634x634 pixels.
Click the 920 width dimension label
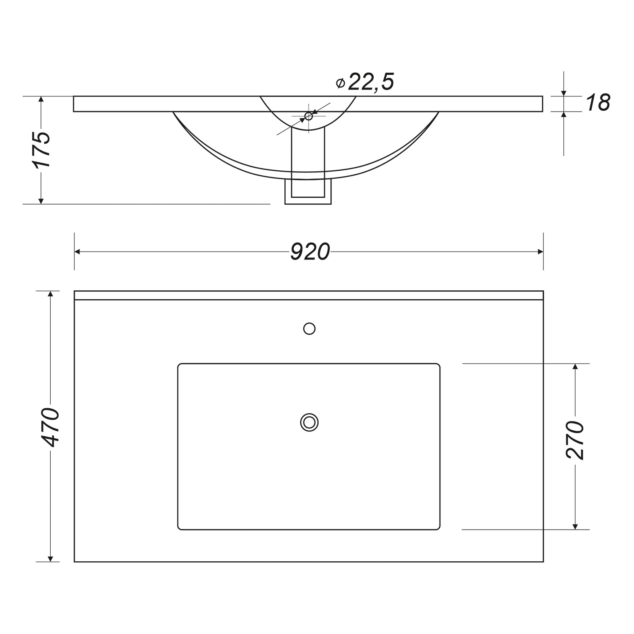click(x=310, y=252)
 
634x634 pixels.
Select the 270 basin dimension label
click(x=575, y=440)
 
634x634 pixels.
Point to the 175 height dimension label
click(x=42, y=150)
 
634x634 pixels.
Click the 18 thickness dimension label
click(x=598, y=103)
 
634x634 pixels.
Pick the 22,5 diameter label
click(x=371, y=82)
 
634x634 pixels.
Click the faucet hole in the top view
click(x=309, y=328)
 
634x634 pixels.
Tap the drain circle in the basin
click(x=309, y=422)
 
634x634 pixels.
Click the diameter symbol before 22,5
click(x=340, y=83)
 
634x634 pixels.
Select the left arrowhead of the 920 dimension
click(x=77, y=252)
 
